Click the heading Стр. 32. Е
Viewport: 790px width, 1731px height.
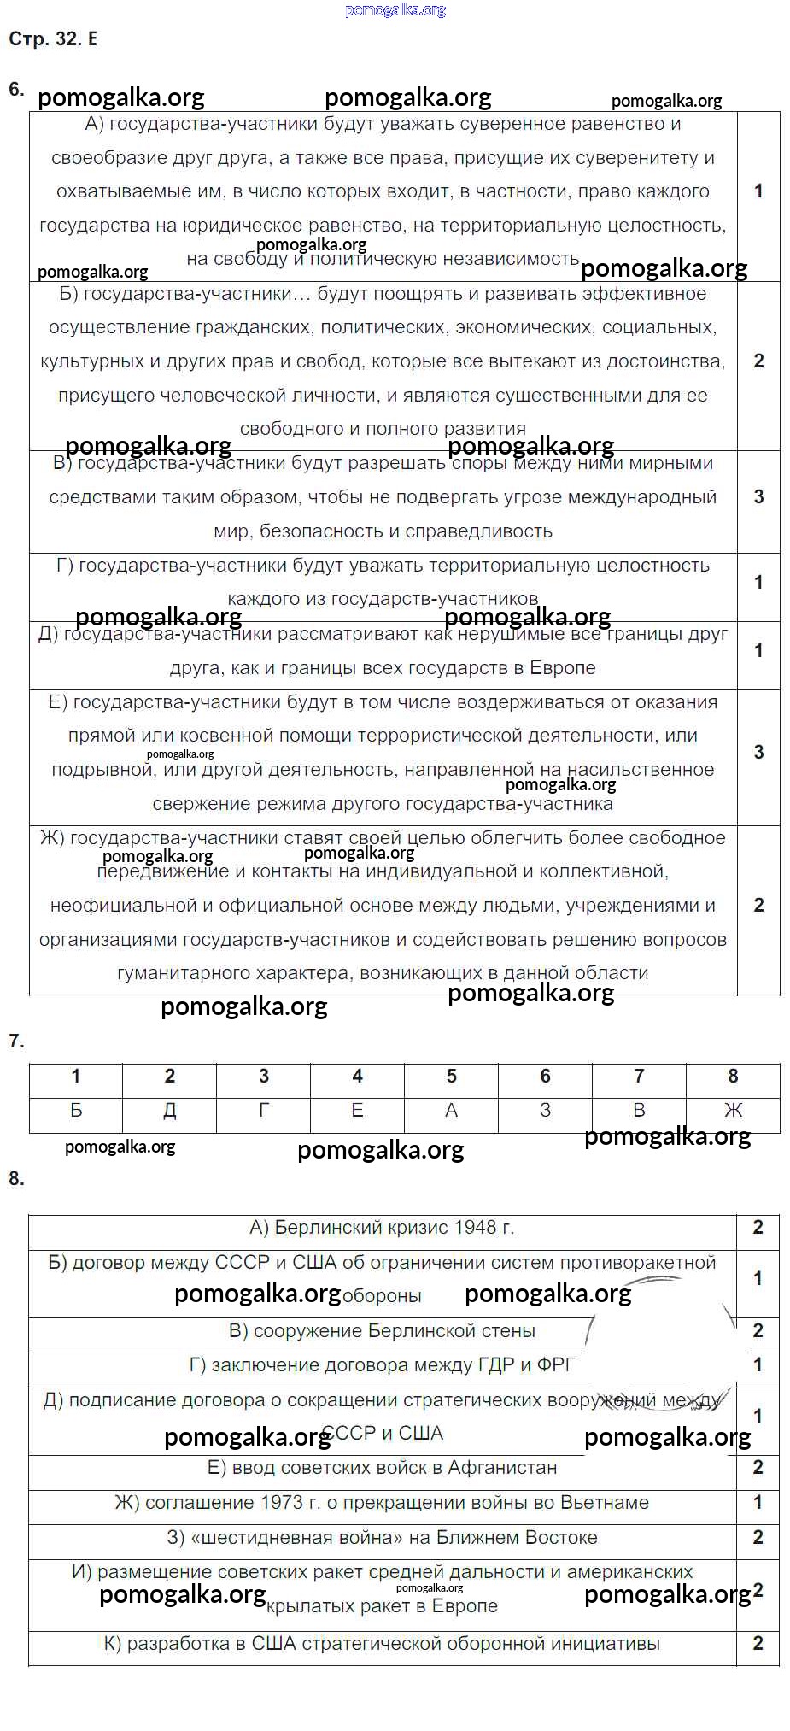pos(53,39)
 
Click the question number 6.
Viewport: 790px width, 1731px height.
pos(15,89)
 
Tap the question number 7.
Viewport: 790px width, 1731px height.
pos(15,1041)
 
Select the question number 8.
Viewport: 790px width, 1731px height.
pos(15,1178)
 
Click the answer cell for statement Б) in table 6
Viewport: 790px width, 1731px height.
pos(758,361)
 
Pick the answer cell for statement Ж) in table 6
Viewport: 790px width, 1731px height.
pos(758,906)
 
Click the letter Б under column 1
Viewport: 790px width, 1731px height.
pos(76,1111)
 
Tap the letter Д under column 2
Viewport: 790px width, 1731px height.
pos(170,1111)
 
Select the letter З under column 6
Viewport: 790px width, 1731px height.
pos(545,1111)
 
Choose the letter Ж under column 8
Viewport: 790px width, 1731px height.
pos(733,1111)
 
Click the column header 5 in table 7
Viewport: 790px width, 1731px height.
pos(451,1077)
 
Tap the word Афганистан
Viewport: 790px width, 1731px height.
pos(503,1468)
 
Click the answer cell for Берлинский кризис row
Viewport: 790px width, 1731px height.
pos(758,1228)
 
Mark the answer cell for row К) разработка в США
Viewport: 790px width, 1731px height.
pos(758,1644)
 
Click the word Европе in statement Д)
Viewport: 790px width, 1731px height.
pos(563,668)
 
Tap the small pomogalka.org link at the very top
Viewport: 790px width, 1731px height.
pos(395,10)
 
